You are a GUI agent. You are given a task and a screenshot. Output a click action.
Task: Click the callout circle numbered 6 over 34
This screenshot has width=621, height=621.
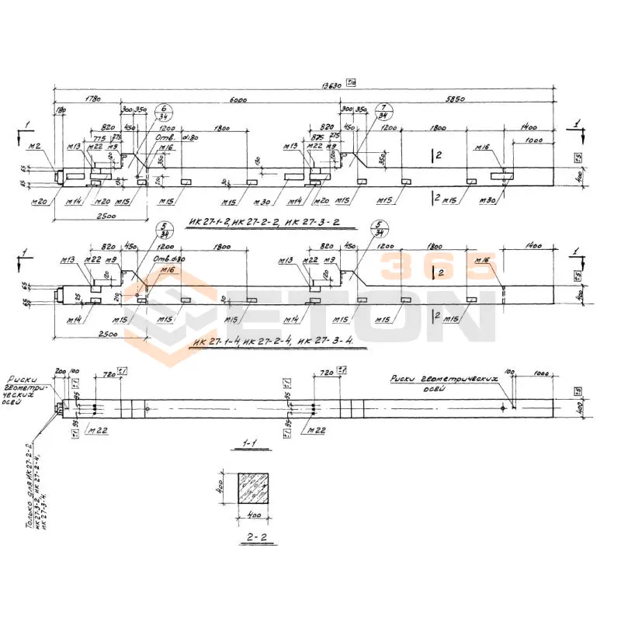click(x=165, y=113)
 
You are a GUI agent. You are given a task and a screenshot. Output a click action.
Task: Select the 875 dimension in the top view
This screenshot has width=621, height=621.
click(x=316, y=137)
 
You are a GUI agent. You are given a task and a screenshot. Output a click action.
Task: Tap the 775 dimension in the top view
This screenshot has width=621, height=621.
click(x=99, y=137)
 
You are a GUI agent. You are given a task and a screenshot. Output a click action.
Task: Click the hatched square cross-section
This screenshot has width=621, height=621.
click(x=252, y=489)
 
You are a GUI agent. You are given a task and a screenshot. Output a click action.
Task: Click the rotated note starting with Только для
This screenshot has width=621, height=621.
click(x=36, y=485)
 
